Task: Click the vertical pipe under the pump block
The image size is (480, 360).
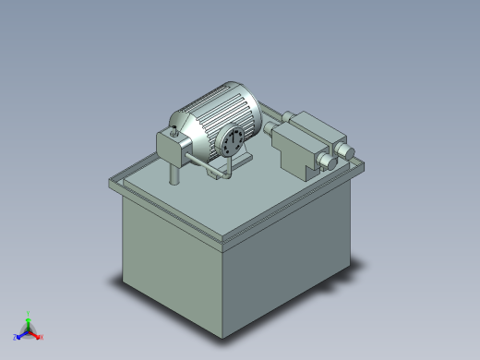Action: (172, 173)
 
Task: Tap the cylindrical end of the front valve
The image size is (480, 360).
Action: (329, 164)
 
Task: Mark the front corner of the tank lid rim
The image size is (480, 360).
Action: (223, 242)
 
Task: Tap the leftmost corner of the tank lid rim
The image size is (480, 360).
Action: (111, 182)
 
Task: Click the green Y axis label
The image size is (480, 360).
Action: (29, 314)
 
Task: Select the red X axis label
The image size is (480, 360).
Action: (42, 337)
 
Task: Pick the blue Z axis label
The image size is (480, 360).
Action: (16, 337)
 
